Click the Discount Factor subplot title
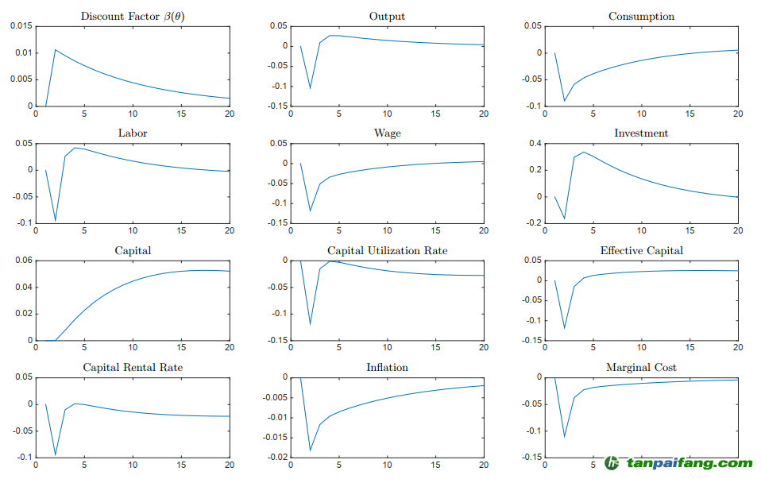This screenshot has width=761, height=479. [x=133, y=16]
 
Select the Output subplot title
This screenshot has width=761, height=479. [x=387, y=16]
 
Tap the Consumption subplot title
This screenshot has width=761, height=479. [x=641, y=16]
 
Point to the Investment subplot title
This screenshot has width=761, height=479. [x=641, y=133]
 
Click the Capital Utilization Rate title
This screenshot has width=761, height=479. [x=387, y=250]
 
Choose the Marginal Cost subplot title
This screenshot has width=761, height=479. [x=641, y=367]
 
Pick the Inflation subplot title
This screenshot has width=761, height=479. [x=387, y=367]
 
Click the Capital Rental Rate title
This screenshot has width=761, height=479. [x=133, y=367]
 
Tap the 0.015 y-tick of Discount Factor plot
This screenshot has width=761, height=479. [x=21, y=26]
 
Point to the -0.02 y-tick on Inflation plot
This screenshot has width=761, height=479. [x=275, y=458]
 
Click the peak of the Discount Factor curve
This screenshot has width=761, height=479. [x=56, y=50]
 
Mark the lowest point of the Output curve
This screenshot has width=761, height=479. [x=310, y=87]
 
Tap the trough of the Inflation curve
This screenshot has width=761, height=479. [x=310, y=451]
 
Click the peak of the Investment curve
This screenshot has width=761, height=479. [x=584, y=152]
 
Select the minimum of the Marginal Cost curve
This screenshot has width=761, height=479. [x=564, y=436]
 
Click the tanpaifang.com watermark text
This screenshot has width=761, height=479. [x=688, y=463]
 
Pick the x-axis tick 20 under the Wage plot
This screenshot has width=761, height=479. [x=483, y=231]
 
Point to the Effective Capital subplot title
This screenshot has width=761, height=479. [x=641, y=250]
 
